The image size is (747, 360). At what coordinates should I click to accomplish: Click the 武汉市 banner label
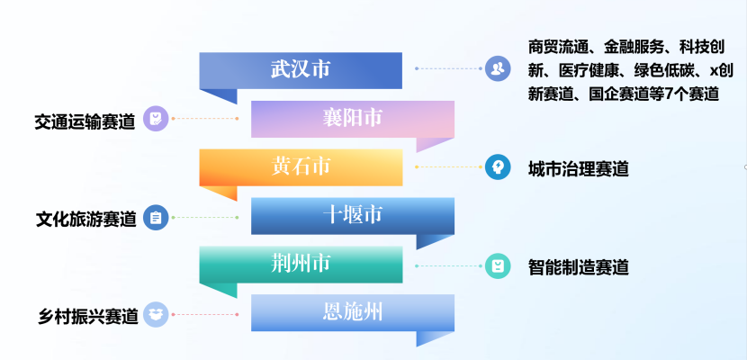[301, 69]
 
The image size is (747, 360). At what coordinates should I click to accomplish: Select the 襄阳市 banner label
[353, 118]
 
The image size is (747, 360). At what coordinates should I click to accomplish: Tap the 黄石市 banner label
[301, 166]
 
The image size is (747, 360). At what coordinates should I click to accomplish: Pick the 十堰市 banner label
[353, 215]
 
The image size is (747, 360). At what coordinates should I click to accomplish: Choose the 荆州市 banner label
[301, 264]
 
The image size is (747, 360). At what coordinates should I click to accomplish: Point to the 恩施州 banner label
[353, 312]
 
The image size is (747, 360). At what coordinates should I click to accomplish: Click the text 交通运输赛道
[85, 121]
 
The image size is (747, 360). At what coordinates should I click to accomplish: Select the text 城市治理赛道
[579, 169]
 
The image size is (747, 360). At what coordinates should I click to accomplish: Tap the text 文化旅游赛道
[86, 219]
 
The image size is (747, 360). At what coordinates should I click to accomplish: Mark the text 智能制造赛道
[579, 267]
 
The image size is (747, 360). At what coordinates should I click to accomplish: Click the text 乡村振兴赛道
[88, 316]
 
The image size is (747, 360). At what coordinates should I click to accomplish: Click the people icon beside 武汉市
[498, 68]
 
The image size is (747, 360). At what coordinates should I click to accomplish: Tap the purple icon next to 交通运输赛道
[156, 118]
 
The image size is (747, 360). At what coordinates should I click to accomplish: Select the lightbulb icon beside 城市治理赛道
[498, 166]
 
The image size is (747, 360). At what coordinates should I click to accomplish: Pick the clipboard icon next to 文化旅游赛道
[156, 217]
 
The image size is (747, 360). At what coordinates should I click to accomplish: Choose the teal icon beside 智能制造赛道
[498, 265]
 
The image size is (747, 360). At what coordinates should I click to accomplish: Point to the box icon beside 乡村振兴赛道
[156, 314]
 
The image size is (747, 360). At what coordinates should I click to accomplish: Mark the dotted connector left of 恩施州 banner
[205, 314]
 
